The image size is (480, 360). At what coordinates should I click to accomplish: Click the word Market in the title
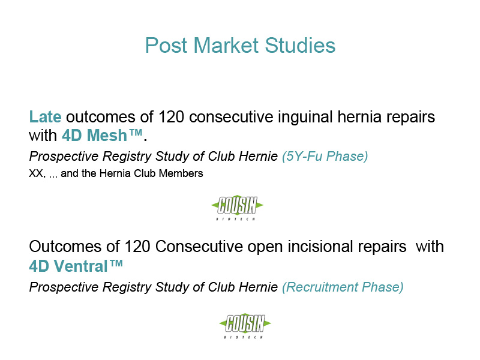tap(226, 46)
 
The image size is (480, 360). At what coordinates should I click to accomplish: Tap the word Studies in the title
tap(300, 46)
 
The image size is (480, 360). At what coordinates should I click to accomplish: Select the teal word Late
tap(45, 117)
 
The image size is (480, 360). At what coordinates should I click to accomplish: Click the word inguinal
tap(305, 118)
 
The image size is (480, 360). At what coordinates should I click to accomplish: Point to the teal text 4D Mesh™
tap(102, 135)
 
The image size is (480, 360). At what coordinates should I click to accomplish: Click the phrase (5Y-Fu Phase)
tap(325, 157)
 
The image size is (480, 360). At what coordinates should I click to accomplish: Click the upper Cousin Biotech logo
tap(237, 207)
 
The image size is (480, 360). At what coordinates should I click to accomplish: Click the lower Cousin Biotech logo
tap(245, 326)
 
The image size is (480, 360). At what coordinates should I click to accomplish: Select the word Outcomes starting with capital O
tap(65, 247)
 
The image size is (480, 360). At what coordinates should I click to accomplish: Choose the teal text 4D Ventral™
tap(76, 266)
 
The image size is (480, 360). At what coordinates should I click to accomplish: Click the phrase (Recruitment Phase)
tap(343, 287)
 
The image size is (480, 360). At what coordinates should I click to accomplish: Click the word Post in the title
tap(166, 46)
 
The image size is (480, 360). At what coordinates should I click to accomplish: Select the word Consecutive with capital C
tap(199, 247)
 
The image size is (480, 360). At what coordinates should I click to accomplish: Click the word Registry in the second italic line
tap(127, 288)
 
